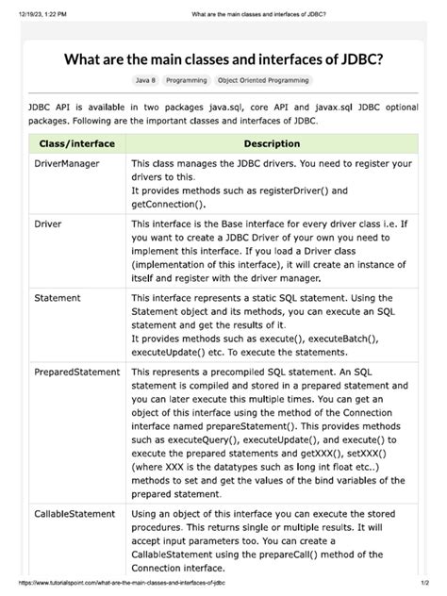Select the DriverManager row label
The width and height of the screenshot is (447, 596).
coord(67,164)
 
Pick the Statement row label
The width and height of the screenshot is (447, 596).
coord(58,298)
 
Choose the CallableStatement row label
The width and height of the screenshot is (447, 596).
coord(75,515)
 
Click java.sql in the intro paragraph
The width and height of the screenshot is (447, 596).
coord(247,108)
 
